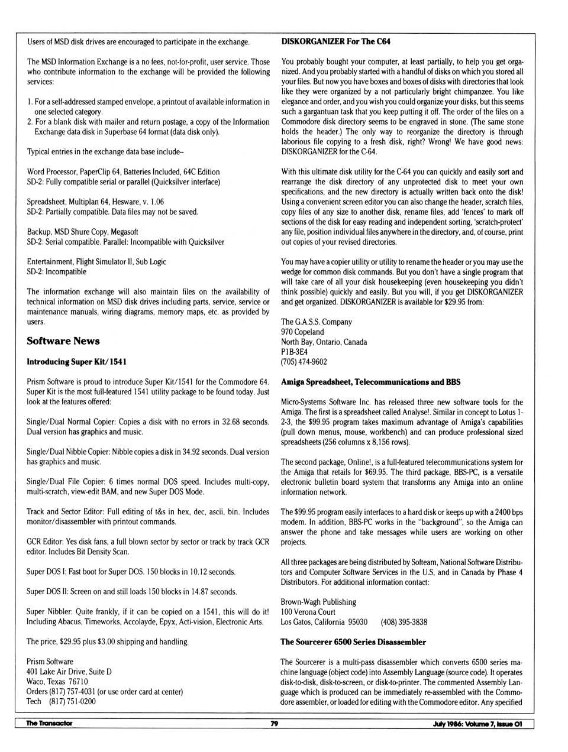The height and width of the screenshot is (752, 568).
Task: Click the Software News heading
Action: (x=63, y=341)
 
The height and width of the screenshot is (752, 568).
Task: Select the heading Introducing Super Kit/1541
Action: (x=76, y=362)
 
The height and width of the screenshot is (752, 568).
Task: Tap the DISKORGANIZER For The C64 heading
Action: (x=335, y=41)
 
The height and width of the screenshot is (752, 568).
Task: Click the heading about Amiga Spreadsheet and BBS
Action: (x=370, y=382)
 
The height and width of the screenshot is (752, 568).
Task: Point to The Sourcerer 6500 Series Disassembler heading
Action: (x=353, y=642)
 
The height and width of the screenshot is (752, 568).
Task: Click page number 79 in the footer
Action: (x=274, y=724)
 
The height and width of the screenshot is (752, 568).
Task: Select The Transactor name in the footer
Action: (x=49, y=724)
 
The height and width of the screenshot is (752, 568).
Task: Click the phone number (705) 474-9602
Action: (x=304, y=362)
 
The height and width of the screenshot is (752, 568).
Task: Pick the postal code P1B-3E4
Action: (x=294, y=352)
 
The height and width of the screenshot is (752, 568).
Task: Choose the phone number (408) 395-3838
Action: (x=404, y=622)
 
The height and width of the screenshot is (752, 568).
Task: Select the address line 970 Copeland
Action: (x=302, y=332)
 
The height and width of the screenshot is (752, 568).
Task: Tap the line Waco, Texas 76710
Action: (x=57, y=682)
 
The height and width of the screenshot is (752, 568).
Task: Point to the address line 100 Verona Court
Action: (x=308, y=612)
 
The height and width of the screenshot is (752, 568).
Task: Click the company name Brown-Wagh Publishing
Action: (x=318, y=602)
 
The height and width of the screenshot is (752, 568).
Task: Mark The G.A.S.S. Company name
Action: (x=316, y=322)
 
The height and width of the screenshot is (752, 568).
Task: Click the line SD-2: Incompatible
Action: (x=56, y=272)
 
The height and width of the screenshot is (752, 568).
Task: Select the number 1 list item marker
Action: (x=30, y=102)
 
